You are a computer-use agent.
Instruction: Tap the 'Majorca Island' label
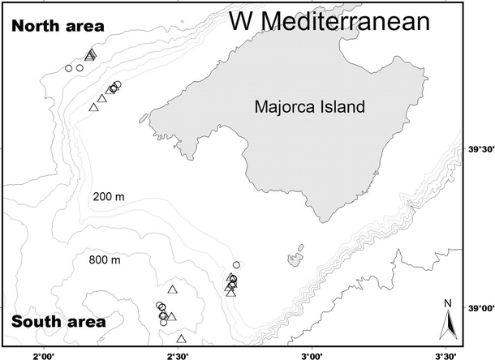click(309, 106)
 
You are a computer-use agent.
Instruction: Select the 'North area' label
click(58, 27)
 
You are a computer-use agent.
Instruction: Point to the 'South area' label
click(58, 323)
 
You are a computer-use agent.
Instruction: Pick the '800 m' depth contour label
click(105, 260)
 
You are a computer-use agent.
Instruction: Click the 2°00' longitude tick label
click(43, 354)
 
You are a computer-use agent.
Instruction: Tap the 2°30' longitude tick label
click(177, 354)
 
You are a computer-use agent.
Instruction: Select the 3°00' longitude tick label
click(311, 354)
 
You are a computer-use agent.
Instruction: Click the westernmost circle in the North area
click(68, 68)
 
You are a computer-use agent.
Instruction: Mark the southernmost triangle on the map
click(181, 338)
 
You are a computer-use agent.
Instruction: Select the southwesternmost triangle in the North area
click(93, 106)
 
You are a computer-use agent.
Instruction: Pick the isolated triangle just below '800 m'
click(172, 289)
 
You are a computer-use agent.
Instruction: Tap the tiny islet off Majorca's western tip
click(144, 118)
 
